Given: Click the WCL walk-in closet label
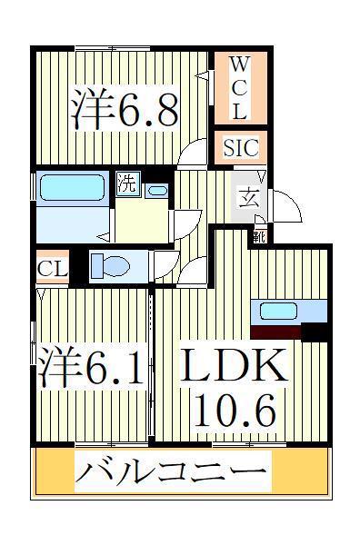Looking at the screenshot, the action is tap(240, 88).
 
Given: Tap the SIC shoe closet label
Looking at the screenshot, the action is tap(241, 147).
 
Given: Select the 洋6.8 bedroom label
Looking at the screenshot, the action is tap(125, 108).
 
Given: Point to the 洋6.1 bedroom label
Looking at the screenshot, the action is tap(91, 366).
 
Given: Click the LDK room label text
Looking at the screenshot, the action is tap(235, 365).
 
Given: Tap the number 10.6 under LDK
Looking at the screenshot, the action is tap(235, 411).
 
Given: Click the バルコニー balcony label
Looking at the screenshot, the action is tap(171, 471).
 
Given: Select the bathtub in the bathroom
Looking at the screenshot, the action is tap(73, 187).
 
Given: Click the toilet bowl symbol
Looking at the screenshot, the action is tap(110, 266).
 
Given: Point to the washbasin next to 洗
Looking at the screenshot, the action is tap(157, 191).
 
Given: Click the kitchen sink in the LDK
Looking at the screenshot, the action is tap(278, 311).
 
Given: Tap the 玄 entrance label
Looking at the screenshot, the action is tap(249, 197).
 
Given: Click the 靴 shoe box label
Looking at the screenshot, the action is tap(259, 237).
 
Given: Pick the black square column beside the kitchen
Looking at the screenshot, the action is tap(314, 332).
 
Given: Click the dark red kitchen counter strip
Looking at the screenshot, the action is tap(275, 332).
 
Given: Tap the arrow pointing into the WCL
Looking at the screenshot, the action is tap(202, 75).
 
